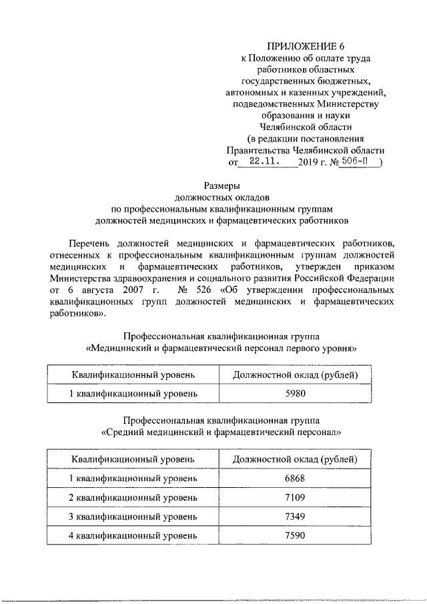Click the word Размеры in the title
[x=221, y=187]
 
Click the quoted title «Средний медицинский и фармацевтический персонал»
[x=221, y=432]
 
